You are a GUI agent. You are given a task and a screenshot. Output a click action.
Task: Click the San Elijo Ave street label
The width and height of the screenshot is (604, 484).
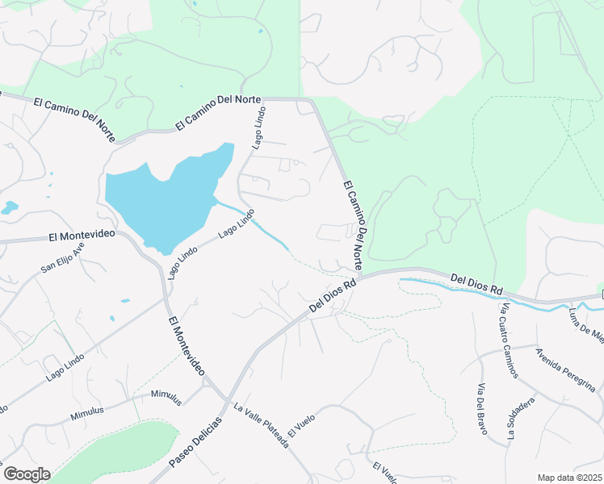(x=64, y=258)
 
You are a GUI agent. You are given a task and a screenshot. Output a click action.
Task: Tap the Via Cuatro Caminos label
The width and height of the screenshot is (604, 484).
(x=510, y=341)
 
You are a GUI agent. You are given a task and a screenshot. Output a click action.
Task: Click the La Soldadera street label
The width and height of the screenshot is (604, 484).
(x=522, y=419)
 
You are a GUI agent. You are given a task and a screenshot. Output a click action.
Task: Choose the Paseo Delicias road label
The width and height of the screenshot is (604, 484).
(x=196, y=443)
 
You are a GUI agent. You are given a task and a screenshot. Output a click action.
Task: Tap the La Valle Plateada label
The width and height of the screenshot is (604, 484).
(x=261, y=426)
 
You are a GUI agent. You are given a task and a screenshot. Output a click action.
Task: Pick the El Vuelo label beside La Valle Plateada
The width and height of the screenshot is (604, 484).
(x=300, y=424)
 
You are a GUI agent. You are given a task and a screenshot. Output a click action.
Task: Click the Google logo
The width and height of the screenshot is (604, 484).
(x=27, y=474)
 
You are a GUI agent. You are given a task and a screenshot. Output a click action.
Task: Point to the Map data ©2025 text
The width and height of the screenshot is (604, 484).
(x=570, y=478)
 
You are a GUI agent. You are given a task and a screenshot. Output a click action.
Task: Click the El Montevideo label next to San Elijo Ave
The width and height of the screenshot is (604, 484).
(x=82, y=236)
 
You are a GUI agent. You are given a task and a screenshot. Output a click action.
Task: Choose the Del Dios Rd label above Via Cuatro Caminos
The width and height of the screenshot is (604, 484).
(x=476, y=284)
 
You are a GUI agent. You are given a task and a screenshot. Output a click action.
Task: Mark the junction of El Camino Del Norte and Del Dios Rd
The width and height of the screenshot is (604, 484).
(x=359, y=277)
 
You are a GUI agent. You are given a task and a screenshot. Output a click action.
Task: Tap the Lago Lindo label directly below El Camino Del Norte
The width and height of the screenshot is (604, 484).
(x=258, y=129)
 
